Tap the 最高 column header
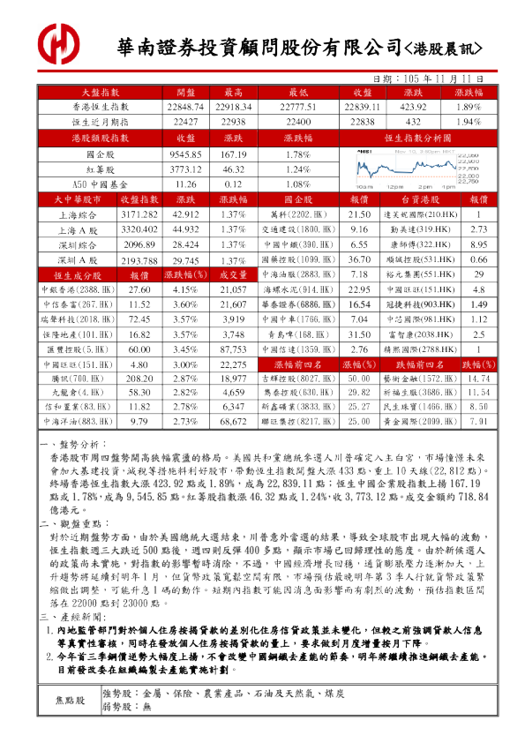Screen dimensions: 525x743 [x=233, y=92]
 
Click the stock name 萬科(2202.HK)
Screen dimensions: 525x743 [x=299, y=215]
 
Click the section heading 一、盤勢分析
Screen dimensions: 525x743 [x=76, y=447]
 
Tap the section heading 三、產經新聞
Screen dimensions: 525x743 [x=76, y=614]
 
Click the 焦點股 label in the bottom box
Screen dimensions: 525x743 [x=72, y=700]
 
